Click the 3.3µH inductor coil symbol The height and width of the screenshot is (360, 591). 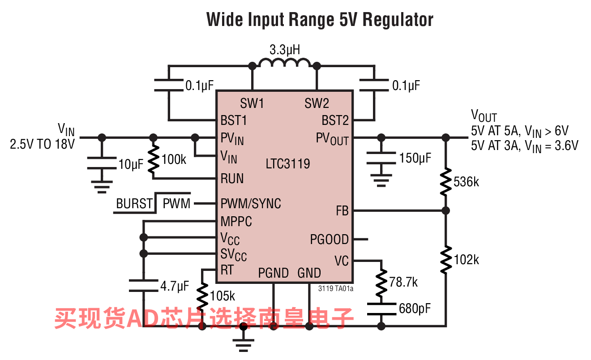pyautogui.click(x=284, y=63)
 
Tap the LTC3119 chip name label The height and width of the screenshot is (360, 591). pyautogui.click(x=287, y=163)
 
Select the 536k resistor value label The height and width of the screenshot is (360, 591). pyautogui.click(x=466, y=182)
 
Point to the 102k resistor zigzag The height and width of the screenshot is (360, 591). pyautogui.click(x=445, y=260)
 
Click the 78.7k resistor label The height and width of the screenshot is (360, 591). pyautogui.click(x=403, y=282)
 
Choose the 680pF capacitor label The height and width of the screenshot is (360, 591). pyautogui.click(x=415, y=309)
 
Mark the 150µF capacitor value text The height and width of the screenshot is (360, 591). pyautogui.click(x=415, y=158)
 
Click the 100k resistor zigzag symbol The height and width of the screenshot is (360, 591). pyautogui.click(x=153, y=159)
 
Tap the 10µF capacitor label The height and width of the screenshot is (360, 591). pyautogui.click(x=131, y=164)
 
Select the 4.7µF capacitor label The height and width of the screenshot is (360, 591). pyautogui.click(x=175, y=286)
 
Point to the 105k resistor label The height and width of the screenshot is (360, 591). pyautogui.click(x=222, y=296)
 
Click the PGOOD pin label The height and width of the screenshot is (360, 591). pyautogui.click(x=329, y=240)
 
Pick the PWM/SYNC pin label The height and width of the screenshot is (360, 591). pyautogui.click(x=251, y=203)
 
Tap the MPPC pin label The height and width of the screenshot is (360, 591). pyautogui.click(x=236, y=221)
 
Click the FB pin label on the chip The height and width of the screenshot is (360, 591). pyautogui.click(x=342, y=210)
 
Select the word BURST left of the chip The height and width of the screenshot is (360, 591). pyautogui.click(x=134, y=203)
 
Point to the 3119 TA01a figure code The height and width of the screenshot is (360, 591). pyautogui.click(x=336, y=288)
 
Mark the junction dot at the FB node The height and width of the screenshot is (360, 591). pyautogui.click(x=445, y=210)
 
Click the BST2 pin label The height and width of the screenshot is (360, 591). pyautogui.click(x=335, y=120)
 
